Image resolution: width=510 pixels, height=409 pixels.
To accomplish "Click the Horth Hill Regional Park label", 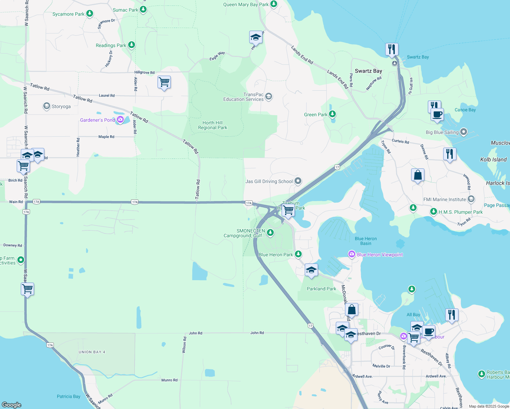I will coord(212,125).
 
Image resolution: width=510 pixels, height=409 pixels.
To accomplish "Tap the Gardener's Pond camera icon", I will coord(120,120).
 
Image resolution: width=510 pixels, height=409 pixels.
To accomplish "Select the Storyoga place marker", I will coord(47,106).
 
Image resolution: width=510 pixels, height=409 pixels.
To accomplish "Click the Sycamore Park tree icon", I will coord(90,14).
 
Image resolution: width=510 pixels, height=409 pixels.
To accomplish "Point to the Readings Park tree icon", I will coord(132,45).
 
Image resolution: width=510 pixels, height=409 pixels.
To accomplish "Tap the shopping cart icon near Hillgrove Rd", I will coord(164,82).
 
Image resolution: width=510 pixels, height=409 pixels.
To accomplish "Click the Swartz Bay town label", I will coord(368,71).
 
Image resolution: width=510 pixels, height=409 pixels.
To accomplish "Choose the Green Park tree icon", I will coord(332,114).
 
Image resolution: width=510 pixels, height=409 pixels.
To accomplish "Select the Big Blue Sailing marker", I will coord(463,132).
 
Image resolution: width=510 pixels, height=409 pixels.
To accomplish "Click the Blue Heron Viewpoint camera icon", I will coord(351,254).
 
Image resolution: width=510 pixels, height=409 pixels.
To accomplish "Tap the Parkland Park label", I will coord(321,289).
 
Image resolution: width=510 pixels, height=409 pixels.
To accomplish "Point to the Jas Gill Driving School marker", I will coord(298,181).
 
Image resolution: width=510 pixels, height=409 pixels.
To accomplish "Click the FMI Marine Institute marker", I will coord(471,199).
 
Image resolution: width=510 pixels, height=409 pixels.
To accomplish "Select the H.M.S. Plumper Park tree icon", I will coord(434,212).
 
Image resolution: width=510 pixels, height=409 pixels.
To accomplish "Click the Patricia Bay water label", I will coord(69,396).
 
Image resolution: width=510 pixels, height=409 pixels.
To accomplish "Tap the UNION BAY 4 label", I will coord(92,352).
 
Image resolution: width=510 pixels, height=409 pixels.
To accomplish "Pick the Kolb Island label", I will coord(493,160).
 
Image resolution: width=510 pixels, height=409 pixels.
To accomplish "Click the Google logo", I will coord(12,405).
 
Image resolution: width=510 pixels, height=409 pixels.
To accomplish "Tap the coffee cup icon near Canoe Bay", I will coord(437,114).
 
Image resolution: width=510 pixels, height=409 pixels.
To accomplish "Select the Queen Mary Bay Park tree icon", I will coord(274,4).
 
